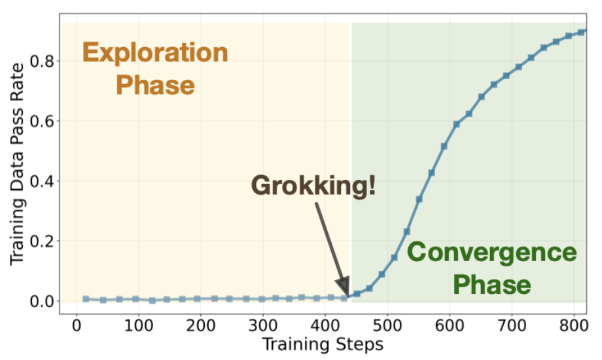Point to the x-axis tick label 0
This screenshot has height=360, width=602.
pos(77,326)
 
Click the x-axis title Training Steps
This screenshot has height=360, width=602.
pos(323,344)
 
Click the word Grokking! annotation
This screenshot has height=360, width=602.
pos(313,185)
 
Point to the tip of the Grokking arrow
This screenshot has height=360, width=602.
pos(347,295)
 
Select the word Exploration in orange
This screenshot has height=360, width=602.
pos(155,53)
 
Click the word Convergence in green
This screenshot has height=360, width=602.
pos(491,252)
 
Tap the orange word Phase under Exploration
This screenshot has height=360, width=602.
pos(155,86)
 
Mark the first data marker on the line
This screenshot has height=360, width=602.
pos(86,298)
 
